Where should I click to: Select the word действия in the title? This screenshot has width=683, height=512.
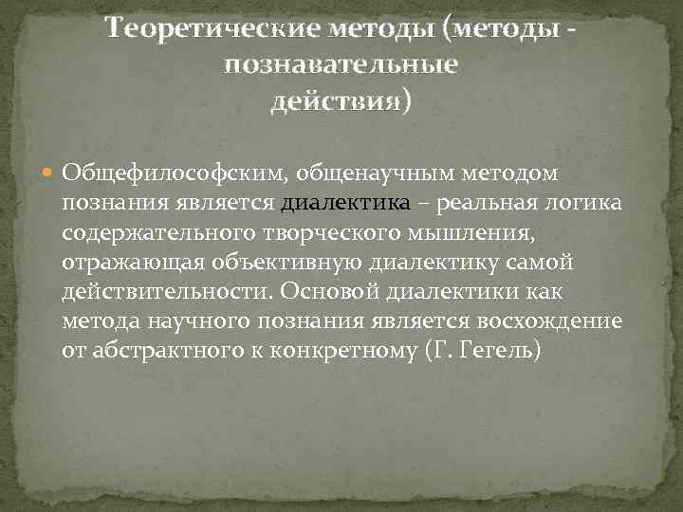[x=337, y=100]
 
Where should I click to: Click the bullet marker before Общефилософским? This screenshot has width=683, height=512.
[x=49, y=174]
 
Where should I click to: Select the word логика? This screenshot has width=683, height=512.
[x=583, y=203]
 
